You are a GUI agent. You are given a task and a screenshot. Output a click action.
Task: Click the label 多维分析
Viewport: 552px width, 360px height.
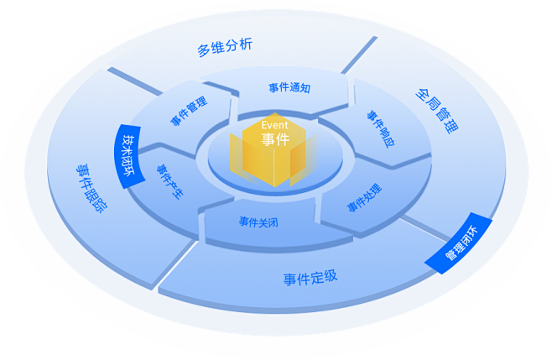(224, 48)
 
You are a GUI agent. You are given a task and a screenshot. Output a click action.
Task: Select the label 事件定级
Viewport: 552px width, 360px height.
(310, 277)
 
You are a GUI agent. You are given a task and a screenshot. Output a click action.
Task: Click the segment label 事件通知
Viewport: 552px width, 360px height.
(289, 86)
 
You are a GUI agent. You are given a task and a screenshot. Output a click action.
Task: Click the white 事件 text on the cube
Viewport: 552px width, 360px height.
(275, 139)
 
